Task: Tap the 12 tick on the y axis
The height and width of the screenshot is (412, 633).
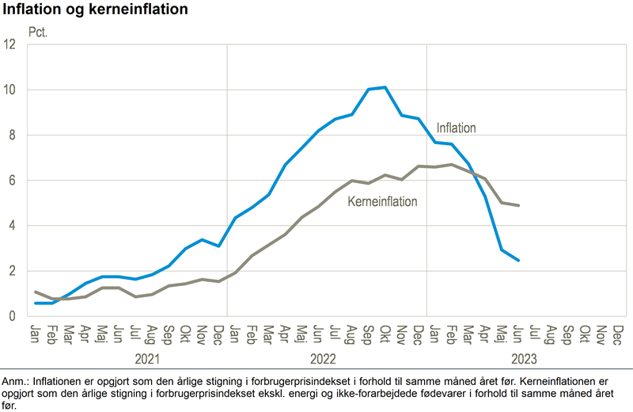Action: (x=10, y=44)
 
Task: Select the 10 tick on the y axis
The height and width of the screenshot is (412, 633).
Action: (x=10, y=90)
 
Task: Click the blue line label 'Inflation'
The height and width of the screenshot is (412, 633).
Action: (x=456, y=127)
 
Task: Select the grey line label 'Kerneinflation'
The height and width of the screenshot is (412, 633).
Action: (x=382, y=201)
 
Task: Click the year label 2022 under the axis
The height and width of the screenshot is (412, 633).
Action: (x=327, y=357)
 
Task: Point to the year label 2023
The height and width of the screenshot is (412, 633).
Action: (x=524, y=357)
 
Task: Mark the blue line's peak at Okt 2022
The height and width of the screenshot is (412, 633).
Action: (x=385, y=87)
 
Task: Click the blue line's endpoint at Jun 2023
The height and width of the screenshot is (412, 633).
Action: (x=518, y=261)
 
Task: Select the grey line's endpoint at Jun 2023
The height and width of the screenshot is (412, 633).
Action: (x=518, y=205)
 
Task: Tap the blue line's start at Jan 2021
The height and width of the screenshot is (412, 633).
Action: (x=36, y=303)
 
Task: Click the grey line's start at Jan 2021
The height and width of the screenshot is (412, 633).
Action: (x=36, y=292)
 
